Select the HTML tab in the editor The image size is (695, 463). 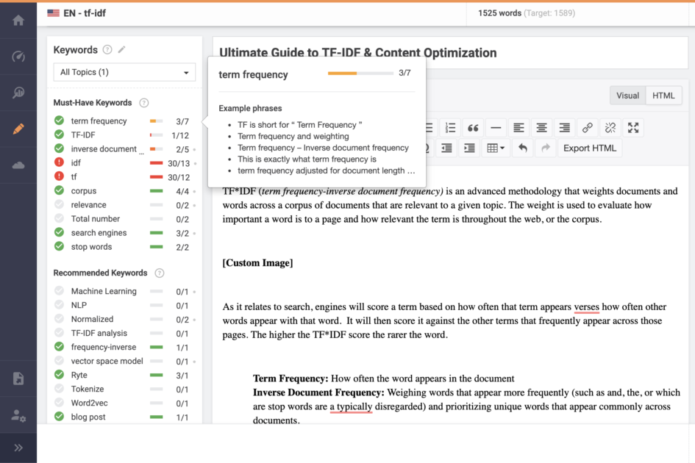point(663,96)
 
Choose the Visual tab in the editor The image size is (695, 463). point(627,96)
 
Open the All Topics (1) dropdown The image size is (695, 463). point(124,72)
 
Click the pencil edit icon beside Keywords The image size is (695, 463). point(122,50)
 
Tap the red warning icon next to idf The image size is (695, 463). point(59,163)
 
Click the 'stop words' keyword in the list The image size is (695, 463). point(91,247)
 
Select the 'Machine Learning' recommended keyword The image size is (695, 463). point(104,291)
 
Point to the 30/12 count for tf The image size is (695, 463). point(179,177)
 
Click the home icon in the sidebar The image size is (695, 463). point(18,21)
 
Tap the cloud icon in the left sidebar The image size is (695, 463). point(18,165)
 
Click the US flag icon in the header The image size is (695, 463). point(54,12)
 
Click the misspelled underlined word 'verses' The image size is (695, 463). point(586,307)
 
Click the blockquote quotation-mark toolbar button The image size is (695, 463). point(473,128)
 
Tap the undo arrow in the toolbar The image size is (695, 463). point(522,148)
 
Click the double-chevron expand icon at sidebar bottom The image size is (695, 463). point(18,448)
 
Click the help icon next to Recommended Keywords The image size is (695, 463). point(160,273)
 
